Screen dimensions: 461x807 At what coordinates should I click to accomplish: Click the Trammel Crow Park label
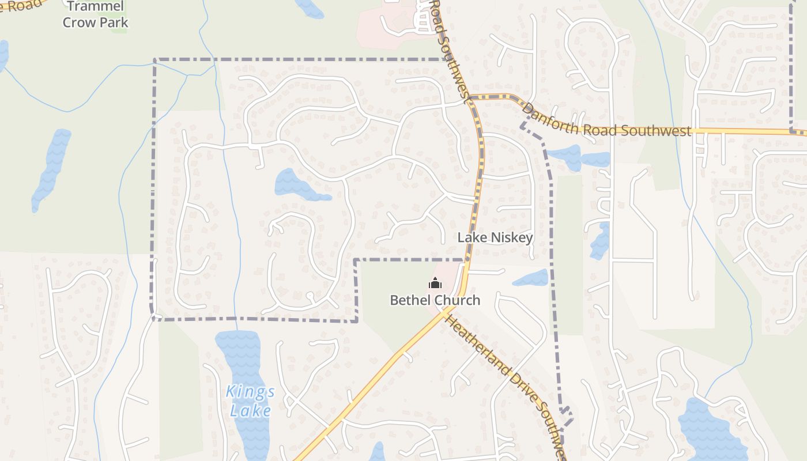[95, 15]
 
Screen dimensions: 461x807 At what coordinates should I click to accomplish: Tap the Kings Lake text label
[250, 401]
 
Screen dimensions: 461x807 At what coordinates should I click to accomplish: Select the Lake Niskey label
[495, 237]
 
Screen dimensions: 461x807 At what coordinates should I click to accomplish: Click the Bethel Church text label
[435, 300]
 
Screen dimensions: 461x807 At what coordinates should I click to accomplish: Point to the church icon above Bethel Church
[435, 283]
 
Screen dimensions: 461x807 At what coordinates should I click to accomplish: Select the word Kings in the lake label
[250, 392]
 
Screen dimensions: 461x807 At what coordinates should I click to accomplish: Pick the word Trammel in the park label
[95, 7]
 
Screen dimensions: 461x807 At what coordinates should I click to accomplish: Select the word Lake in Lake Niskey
[471, 237]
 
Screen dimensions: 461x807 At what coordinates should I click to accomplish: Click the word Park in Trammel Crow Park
[113, 23]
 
